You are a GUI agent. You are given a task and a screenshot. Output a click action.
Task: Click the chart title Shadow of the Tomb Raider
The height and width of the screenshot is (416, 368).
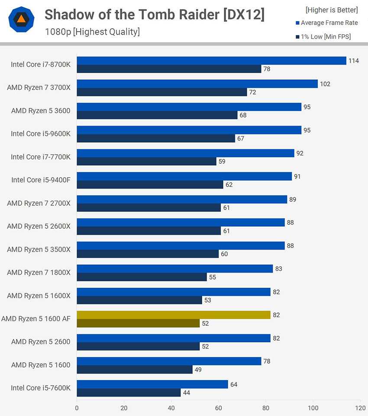[155, 15]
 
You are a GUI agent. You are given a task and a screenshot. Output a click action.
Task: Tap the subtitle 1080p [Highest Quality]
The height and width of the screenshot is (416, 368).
[92, 32]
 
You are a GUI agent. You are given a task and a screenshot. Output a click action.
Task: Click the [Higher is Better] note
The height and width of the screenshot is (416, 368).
[332, 10]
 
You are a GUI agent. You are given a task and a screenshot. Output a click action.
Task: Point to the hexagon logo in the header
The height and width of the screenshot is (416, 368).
[21, 19]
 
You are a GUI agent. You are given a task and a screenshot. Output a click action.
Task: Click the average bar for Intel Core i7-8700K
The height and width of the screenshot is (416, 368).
[211, 61]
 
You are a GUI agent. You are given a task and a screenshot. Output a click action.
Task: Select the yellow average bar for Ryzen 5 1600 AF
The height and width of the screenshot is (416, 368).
[173, 315]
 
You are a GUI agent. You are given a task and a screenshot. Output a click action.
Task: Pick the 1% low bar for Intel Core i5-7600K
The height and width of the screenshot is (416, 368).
[129, 393]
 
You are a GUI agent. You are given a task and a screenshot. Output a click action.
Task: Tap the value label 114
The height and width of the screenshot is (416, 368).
[354, 61]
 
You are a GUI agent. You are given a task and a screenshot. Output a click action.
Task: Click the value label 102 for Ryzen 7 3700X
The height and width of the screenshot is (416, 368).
[325, 84]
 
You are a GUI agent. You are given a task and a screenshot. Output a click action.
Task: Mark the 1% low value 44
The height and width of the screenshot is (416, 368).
[186, 393]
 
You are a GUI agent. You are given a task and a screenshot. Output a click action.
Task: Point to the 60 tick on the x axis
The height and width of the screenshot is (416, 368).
[219, 408]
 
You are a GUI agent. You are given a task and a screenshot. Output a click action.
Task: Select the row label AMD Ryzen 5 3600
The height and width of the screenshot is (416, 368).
[41, 110]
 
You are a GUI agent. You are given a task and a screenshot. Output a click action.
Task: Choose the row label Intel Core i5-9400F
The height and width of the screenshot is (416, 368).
[41, 180]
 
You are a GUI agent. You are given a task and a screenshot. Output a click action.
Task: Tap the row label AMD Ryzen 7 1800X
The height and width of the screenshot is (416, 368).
[39, 273]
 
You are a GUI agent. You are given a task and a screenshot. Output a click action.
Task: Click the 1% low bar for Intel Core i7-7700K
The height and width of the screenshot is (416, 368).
[146, 161]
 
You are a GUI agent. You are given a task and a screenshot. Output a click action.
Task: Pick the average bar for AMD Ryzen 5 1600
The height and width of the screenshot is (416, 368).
[169, 361]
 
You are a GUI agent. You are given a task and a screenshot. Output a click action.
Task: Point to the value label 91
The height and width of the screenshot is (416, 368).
[297, 176]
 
